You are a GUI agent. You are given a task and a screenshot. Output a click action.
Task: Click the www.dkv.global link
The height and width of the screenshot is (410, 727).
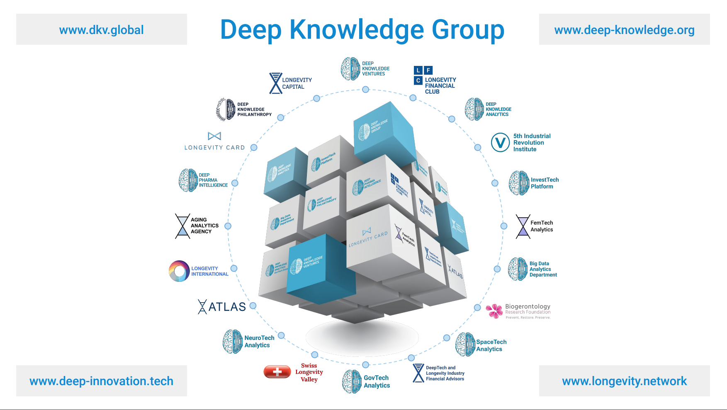(101, 30)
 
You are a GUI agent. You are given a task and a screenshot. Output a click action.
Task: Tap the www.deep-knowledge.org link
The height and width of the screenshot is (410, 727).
(624, 30)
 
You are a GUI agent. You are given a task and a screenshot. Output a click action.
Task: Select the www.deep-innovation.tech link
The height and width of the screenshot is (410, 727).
(101, 381)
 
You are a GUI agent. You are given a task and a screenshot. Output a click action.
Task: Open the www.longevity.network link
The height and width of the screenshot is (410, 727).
(624, 381)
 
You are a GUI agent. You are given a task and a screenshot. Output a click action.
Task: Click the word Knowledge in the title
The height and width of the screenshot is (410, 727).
(357, 30)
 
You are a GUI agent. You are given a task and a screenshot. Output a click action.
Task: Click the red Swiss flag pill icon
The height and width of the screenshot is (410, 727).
(277, 372)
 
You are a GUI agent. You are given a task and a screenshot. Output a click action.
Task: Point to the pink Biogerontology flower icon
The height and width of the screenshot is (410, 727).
(494, 311)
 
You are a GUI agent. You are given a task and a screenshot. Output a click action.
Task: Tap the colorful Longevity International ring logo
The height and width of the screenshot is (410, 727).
(179, 271)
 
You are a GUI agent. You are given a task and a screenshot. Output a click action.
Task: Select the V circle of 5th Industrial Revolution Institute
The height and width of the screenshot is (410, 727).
(500, 143)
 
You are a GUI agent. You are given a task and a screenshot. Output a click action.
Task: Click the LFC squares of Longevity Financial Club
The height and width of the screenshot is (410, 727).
(423, 75)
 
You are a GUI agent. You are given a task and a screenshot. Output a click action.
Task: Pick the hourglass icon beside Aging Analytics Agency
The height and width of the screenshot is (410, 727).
(182, 226)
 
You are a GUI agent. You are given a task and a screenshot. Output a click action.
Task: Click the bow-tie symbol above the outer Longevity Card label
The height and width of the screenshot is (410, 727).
(214, 136)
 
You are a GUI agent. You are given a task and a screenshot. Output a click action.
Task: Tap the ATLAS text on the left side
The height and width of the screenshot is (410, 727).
(227, 307)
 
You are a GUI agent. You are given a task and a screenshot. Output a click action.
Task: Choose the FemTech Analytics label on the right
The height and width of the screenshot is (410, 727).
(542, 226)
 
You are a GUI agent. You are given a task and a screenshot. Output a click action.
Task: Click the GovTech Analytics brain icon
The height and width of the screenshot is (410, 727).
(352, 381)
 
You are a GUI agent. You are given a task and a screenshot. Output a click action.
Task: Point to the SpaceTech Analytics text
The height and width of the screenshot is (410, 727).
(491, 345)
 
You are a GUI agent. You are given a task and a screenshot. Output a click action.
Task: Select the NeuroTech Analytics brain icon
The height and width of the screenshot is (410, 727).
(233, 342)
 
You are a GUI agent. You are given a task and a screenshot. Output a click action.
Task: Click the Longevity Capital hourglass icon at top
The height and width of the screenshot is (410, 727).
(276, 83)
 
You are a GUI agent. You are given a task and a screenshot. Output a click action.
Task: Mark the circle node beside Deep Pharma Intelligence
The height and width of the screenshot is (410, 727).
(235, 183)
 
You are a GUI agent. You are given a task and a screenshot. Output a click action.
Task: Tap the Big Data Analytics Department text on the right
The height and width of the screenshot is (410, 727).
(543, 269)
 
